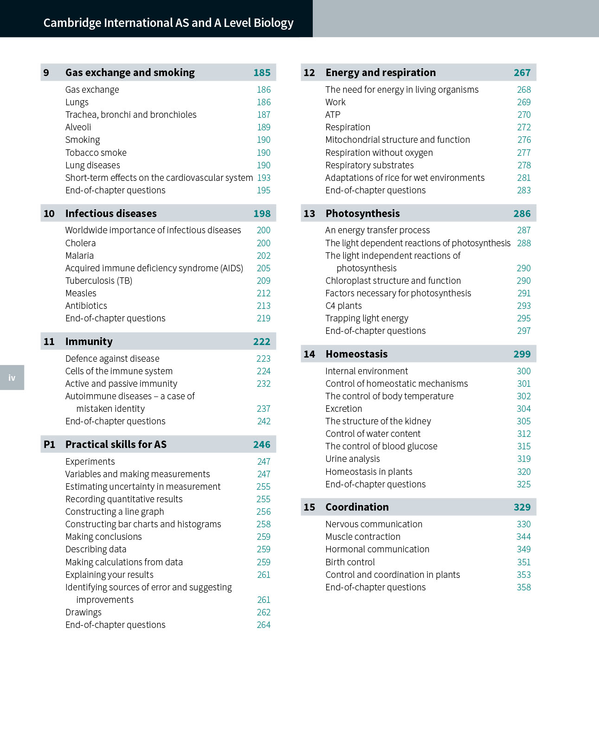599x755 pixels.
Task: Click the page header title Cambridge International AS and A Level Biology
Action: pos(168,23)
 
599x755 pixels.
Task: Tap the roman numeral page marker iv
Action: pos(12,377)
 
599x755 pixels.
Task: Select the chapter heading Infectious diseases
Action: pos(111,213)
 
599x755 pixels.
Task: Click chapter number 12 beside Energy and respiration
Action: pos(309,72)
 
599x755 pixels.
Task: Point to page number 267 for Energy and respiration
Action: pos(522,72)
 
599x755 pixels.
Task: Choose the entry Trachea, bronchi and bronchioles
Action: pos(131,115)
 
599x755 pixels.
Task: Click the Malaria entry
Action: pos(79,256)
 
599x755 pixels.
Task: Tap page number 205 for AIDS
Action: pos(264,268)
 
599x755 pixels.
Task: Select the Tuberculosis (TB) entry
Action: pos(99,281)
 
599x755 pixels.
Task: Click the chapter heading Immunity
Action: pos(89,342)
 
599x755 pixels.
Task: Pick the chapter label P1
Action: pos(49,444)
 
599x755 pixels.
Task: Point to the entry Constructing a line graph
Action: pos(115,512)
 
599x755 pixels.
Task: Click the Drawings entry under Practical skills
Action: pos(84,612)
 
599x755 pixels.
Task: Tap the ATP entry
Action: pos(333,115)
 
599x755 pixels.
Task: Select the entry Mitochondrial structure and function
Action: pos(398,140)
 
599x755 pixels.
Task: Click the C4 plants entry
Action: pos(343,306)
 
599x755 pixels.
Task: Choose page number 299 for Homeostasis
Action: pos(522,354)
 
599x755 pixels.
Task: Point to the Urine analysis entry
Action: pos(353,459)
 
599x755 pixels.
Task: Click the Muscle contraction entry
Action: pos(363,537)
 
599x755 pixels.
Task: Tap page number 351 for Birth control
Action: pos(524,562)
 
